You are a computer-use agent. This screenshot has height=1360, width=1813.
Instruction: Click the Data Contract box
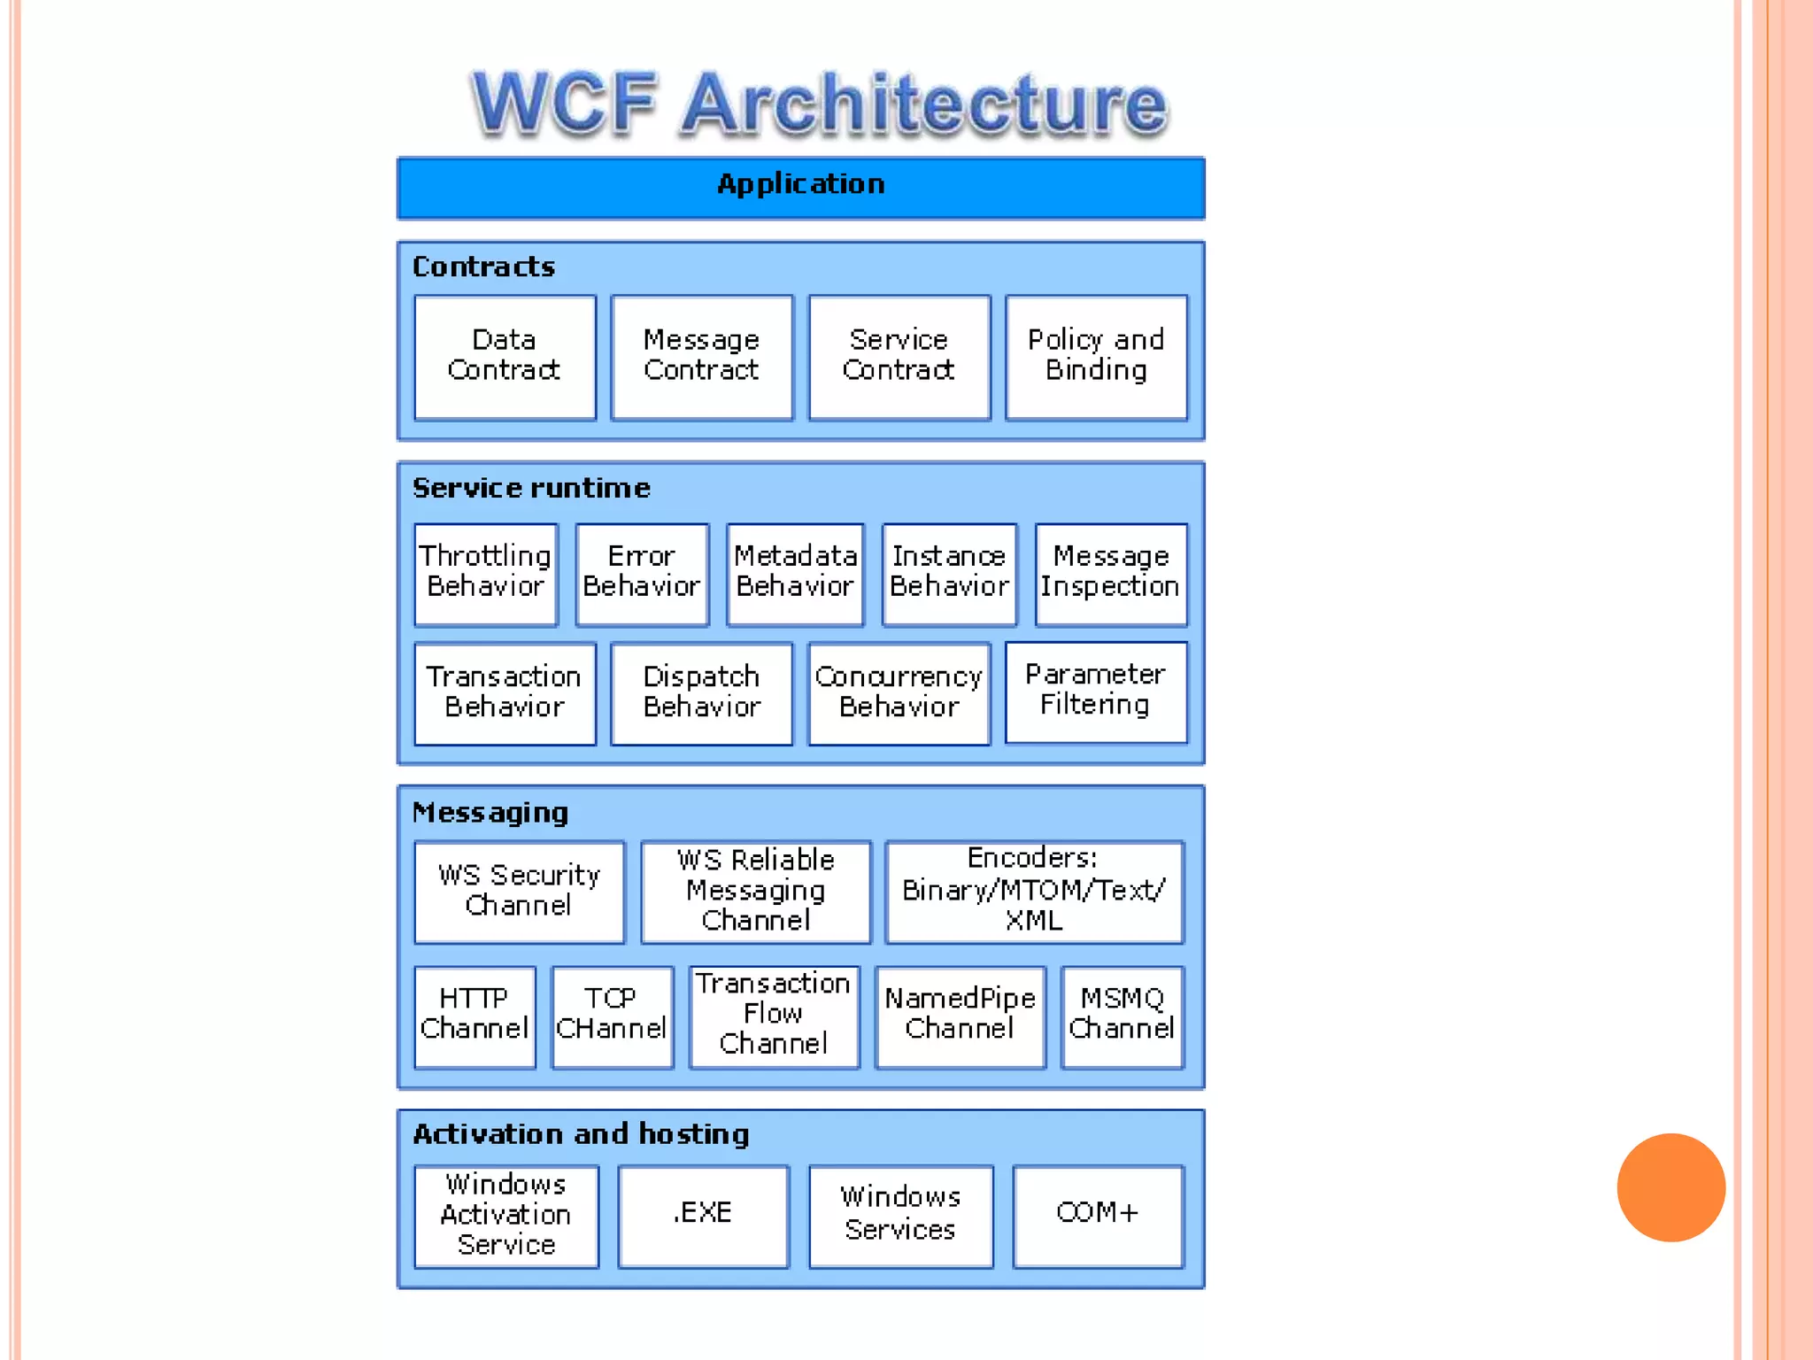pos(505,357)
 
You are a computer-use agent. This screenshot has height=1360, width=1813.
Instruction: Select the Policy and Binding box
pos(1096,357)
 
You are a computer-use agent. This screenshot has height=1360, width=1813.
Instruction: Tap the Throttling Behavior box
pos(485,574)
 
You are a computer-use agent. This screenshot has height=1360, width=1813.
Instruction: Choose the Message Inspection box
pos(1110,574)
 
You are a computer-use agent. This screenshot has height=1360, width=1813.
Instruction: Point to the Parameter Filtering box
pos(1096,692)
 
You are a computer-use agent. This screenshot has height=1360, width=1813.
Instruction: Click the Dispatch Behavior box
pos(701,693)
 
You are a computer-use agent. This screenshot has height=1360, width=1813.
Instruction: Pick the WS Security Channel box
pos(519,891)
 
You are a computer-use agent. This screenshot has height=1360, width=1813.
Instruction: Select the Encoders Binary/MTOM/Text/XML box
pos(1034,891)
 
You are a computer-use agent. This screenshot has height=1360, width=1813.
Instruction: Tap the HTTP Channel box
pos(474,1016)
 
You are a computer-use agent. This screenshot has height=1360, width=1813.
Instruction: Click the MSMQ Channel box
pos(1122,1016)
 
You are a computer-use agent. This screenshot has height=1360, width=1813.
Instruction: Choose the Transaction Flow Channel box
pos(774,1016)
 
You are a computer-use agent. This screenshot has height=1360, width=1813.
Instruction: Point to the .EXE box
pos(703,1215)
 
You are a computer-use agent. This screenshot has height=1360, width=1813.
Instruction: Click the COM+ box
pos(1098,1215)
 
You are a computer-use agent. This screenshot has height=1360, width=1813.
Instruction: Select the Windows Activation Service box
pos(505,1215)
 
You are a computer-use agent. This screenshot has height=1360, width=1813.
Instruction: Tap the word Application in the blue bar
pos(800,184)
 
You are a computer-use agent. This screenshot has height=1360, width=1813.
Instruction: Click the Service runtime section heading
pos(531,488)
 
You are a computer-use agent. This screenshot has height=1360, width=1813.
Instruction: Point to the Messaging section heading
pos(490,812)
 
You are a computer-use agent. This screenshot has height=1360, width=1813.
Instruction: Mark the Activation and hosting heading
pos(581,1134)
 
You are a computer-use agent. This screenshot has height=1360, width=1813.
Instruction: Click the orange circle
pos(1670,1187)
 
